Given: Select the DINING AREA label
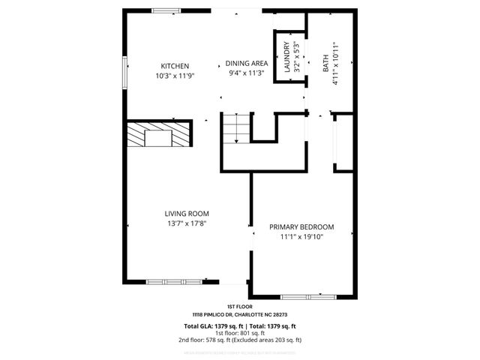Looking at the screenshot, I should pos(247,64).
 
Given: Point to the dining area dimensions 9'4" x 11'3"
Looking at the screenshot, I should pos(247,73).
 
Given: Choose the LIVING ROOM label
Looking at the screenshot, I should pos(187,213).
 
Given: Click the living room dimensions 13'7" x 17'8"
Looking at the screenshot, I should pos(187,223).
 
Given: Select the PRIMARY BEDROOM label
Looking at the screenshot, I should pos(301,226).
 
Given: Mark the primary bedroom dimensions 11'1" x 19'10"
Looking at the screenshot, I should pos(301,237).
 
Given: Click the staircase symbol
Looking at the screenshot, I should pos(235,128).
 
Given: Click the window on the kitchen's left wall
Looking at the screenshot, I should pos(125,73).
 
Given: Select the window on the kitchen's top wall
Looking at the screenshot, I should pos(165,10).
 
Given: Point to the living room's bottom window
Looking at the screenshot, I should pos(174,282).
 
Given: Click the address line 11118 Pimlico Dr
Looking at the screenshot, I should pos(239,315).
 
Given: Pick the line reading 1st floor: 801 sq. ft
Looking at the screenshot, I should pos(239,334).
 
